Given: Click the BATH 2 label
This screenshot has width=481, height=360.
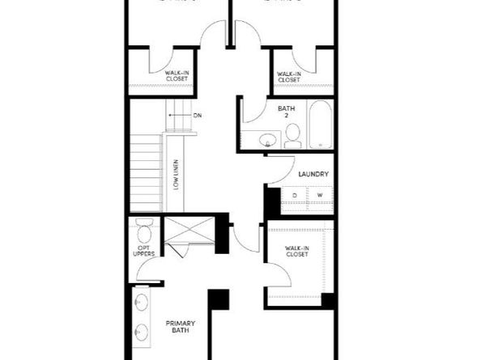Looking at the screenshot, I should point(285,112).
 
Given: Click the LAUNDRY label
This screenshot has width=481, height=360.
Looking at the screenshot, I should point(312,174).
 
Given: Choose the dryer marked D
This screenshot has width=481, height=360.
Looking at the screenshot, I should point(295,196).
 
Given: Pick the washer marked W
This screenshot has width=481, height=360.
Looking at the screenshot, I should point(319,196).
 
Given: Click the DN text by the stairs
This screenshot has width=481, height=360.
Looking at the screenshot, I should point(197,116).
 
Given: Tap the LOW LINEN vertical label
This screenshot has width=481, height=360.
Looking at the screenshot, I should point(176,174).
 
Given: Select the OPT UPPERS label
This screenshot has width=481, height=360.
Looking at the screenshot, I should point(144,252).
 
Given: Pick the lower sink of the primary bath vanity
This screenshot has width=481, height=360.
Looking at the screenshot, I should point(143,332).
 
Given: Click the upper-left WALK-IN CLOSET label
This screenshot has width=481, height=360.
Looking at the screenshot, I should point(177,76).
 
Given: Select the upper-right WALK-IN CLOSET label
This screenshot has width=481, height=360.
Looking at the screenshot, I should point(289,76).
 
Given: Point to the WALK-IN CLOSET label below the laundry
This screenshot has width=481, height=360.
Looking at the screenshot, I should point(296,252).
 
